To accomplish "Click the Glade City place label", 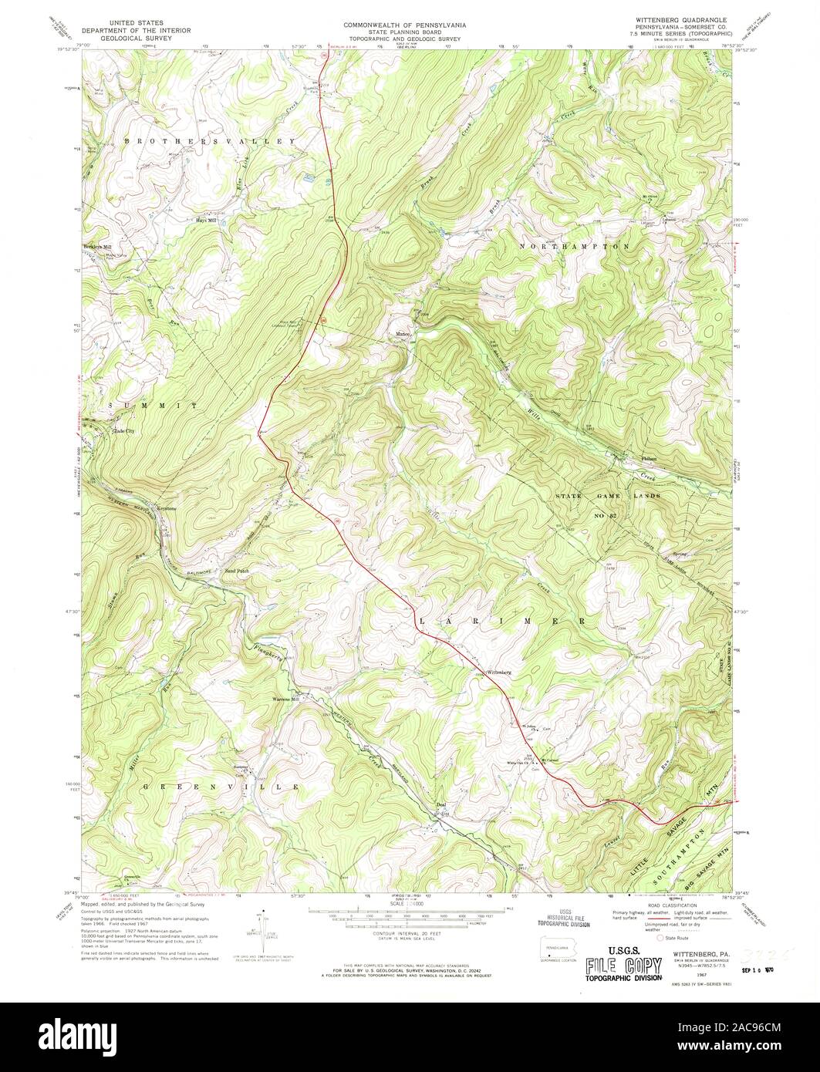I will tap(123, 431).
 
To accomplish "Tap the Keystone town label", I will tap(167, 508).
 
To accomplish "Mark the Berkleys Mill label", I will tap(97, 247).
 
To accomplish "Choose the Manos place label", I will tap(402, 334).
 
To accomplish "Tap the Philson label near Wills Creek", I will tap(649, 458).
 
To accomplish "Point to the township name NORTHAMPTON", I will tap(575, 246).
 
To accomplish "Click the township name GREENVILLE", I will tap(221, 786).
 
